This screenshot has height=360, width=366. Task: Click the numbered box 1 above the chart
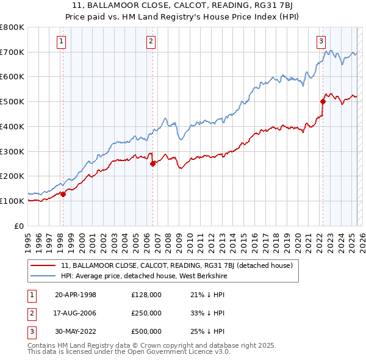[x=62, y=41]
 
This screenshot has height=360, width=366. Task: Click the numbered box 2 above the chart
[x=151, y=41]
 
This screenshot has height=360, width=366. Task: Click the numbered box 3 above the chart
[x=321, y=41]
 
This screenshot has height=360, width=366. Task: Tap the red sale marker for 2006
[x=152, y=163]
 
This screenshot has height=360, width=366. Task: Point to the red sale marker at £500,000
[x=323, y=101]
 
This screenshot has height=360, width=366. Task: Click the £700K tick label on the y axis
[x=12, y=52]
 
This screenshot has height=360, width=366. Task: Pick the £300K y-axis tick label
[x=12, y=151]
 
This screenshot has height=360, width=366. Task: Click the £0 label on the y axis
[x=20, y=225]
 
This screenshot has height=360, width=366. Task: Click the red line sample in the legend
[x=43, y=265]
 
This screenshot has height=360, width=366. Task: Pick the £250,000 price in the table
[x=146, y=313]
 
